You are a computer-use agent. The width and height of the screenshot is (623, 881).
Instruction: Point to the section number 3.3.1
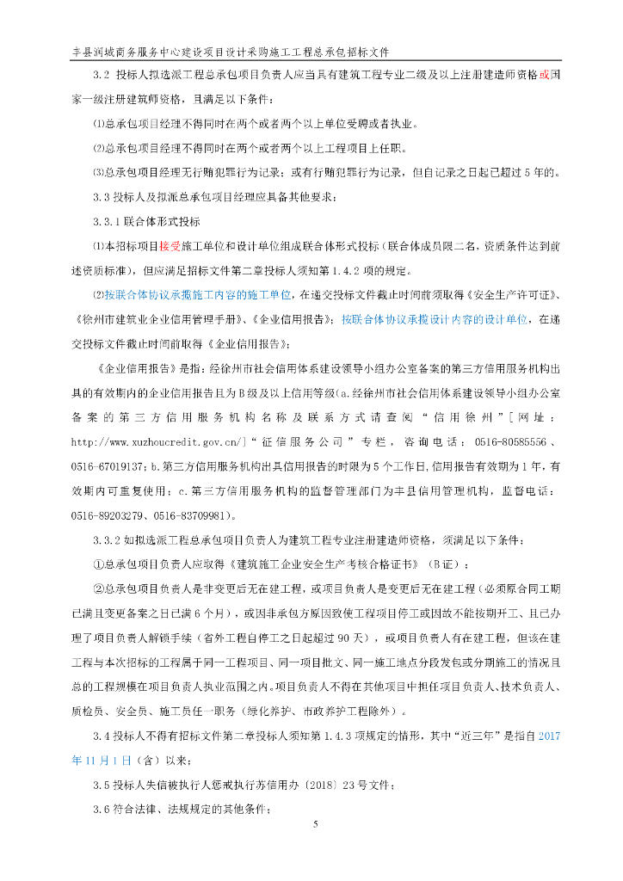tap(110, 221)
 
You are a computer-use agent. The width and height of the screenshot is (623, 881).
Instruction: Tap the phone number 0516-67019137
tap(108, 466)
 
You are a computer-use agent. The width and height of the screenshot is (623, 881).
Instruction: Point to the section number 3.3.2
tap(110, 540)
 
